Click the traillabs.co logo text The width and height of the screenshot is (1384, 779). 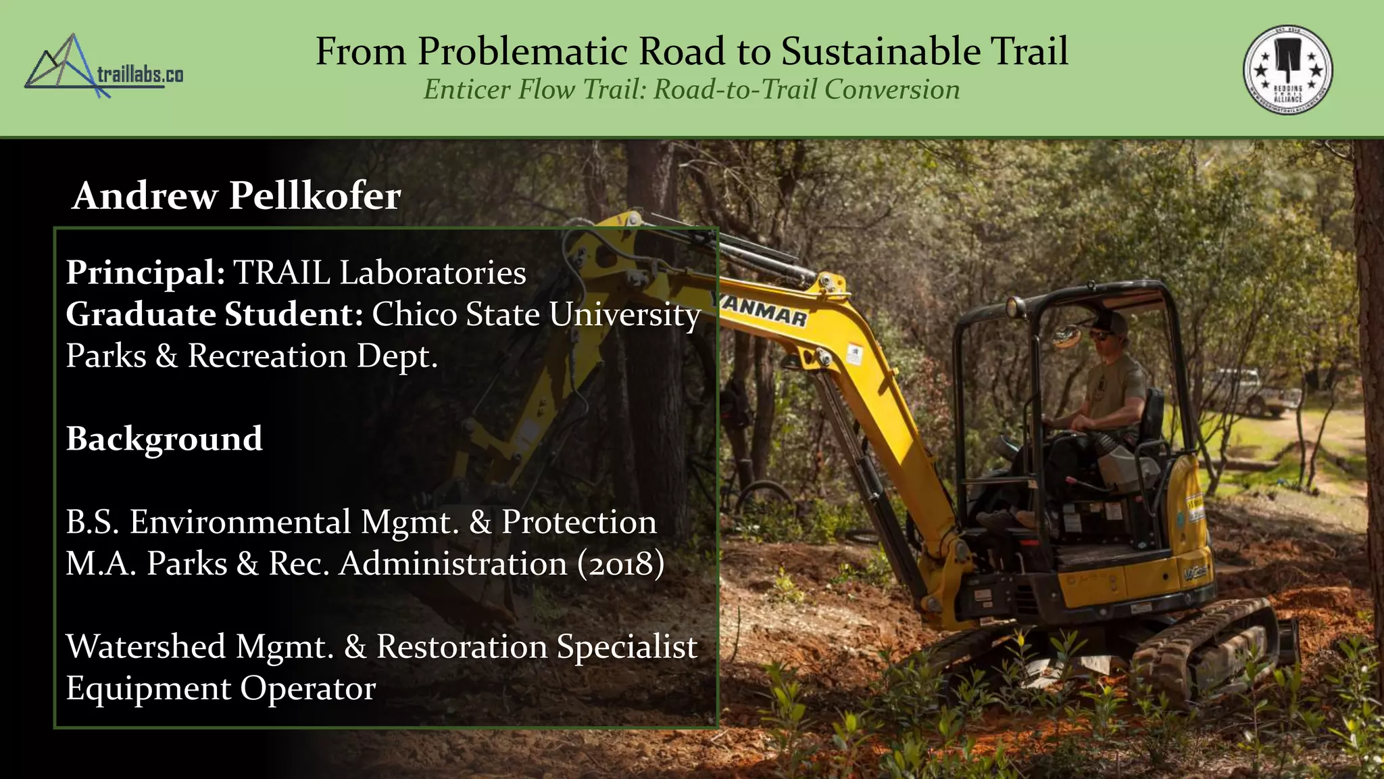140,74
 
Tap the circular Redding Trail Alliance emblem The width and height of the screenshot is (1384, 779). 1287,70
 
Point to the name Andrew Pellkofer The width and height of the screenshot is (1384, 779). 237,196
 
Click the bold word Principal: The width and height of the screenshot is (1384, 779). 145,273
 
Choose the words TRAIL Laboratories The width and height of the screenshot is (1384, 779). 380,273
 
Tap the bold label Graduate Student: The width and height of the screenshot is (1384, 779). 214,314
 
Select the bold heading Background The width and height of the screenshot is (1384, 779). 164,439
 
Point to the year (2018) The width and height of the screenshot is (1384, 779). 620,564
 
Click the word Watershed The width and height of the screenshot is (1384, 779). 145,646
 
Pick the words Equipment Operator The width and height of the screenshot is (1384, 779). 220,688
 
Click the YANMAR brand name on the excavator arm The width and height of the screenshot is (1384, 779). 764,311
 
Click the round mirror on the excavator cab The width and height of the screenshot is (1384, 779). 1066,335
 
